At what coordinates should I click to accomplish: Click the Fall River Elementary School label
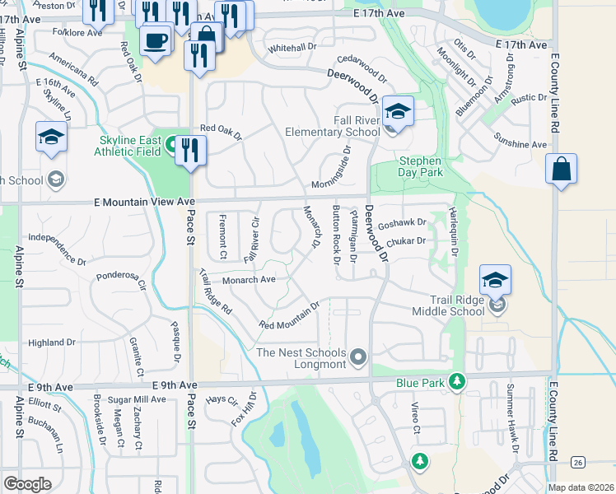333,126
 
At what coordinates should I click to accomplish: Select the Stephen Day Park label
421,166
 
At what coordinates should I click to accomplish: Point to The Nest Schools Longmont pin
357,357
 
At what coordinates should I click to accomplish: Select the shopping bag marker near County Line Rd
561,169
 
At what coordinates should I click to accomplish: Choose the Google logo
28,484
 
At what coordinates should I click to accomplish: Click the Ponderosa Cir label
120,281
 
